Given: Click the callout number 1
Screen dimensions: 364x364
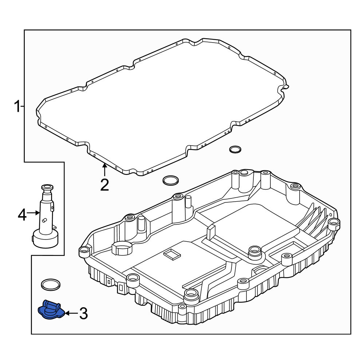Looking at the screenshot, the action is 17,107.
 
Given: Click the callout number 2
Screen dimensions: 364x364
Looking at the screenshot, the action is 104,185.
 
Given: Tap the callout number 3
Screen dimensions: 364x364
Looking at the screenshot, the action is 84,313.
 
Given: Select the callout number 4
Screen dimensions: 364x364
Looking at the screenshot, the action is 22,215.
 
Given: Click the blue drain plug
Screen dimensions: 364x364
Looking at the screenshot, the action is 51,309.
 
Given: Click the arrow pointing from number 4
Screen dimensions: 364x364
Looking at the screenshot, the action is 33,213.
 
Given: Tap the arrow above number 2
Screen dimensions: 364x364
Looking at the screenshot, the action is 104,170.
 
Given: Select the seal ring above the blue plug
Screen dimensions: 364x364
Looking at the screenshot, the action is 51,284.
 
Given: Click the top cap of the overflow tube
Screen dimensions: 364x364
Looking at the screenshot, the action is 47,187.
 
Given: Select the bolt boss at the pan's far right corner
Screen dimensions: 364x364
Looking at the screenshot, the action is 334,224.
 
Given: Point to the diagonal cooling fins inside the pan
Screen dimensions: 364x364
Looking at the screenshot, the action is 312,221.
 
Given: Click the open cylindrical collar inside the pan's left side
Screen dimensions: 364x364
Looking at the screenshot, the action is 122,248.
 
